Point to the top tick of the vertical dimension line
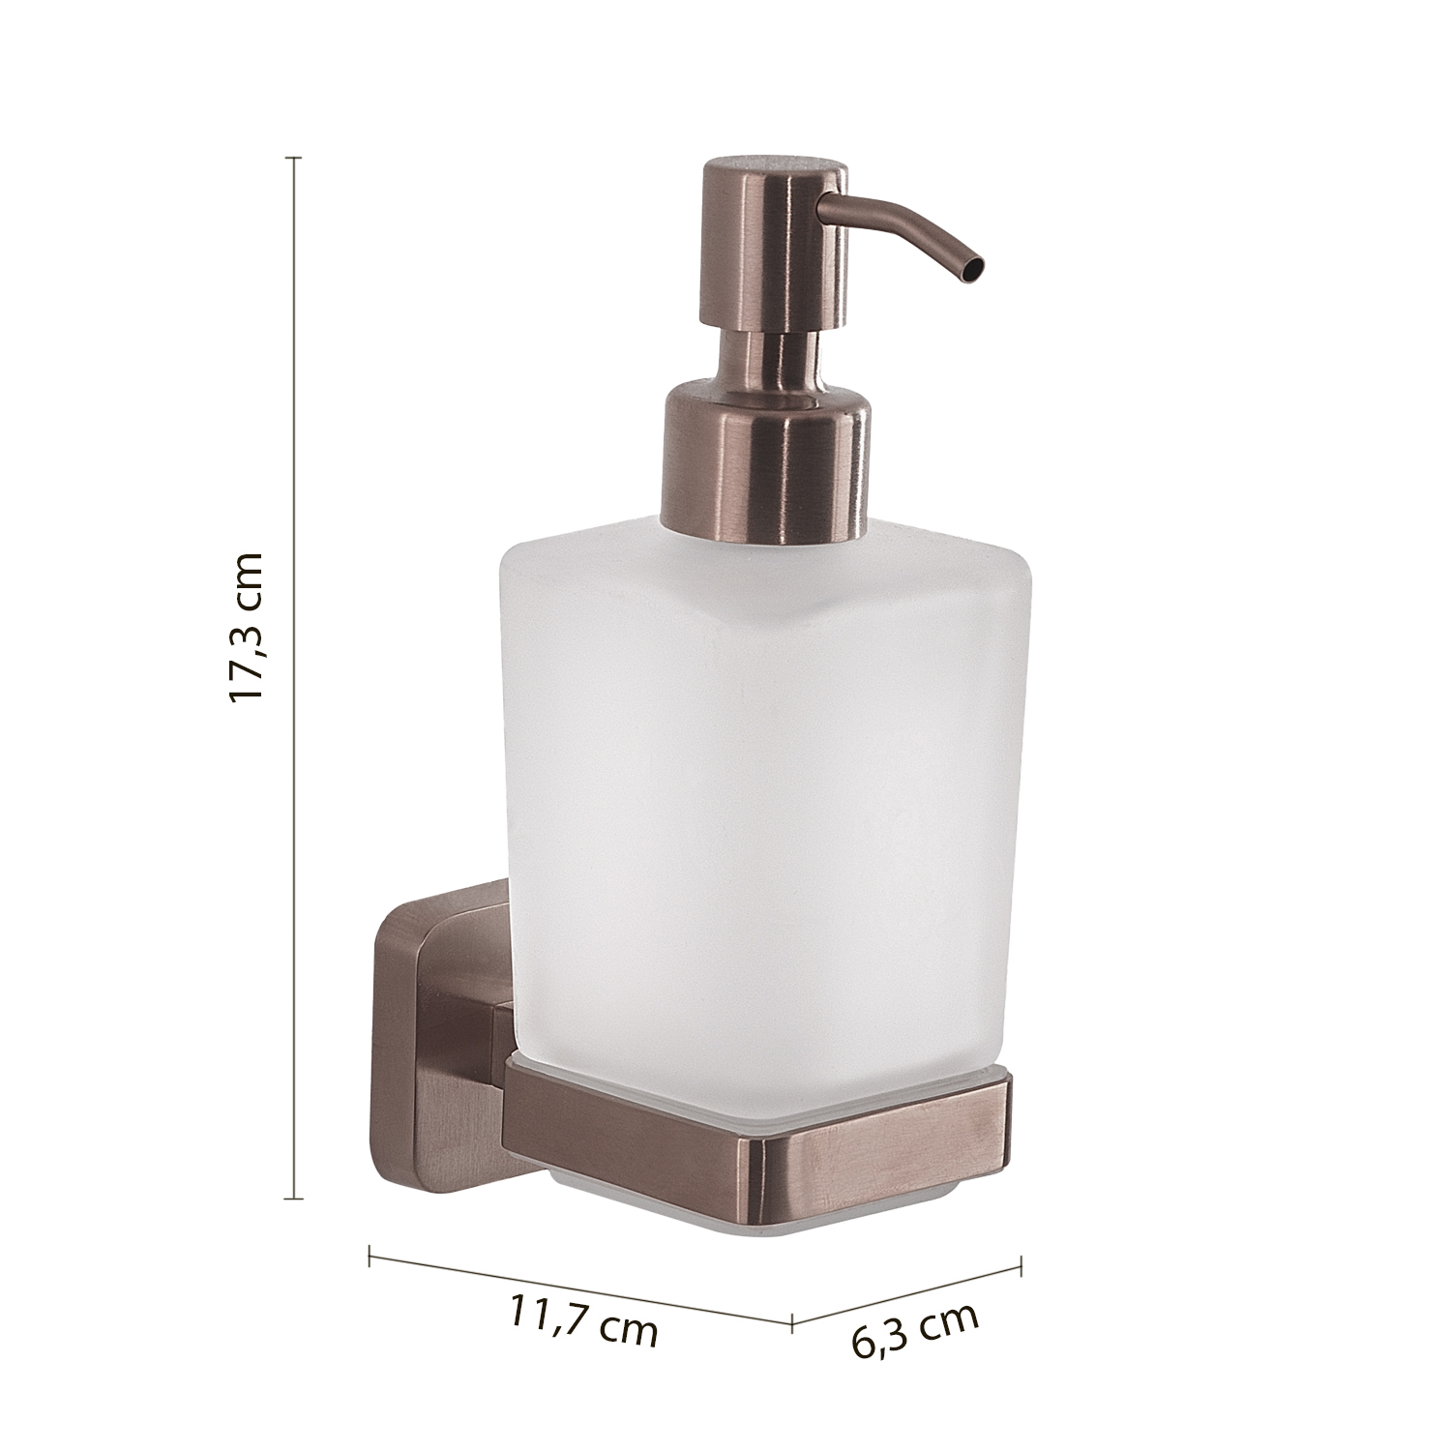pyautogui.click(x=295, y=157)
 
